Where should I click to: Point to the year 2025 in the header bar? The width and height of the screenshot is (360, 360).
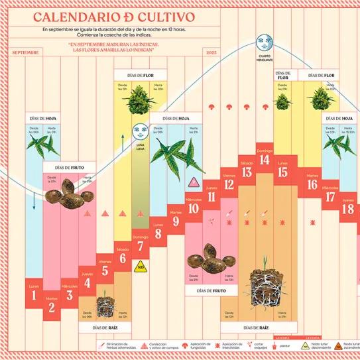211,52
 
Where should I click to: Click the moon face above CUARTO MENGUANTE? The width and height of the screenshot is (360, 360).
265,43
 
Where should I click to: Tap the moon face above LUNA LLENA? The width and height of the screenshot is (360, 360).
139,131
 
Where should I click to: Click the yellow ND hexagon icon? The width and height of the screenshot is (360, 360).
140,267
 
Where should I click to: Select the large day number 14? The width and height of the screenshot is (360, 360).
265,159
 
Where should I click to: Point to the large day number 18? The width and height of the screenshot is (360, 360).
348,210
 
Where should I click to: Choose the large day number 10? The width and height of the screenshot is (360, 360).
193,210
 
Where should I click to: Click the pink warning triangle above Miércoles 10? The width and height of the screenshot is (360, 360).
193,182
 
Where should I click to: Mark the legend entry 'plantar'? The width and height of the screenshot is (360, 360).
282,345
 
